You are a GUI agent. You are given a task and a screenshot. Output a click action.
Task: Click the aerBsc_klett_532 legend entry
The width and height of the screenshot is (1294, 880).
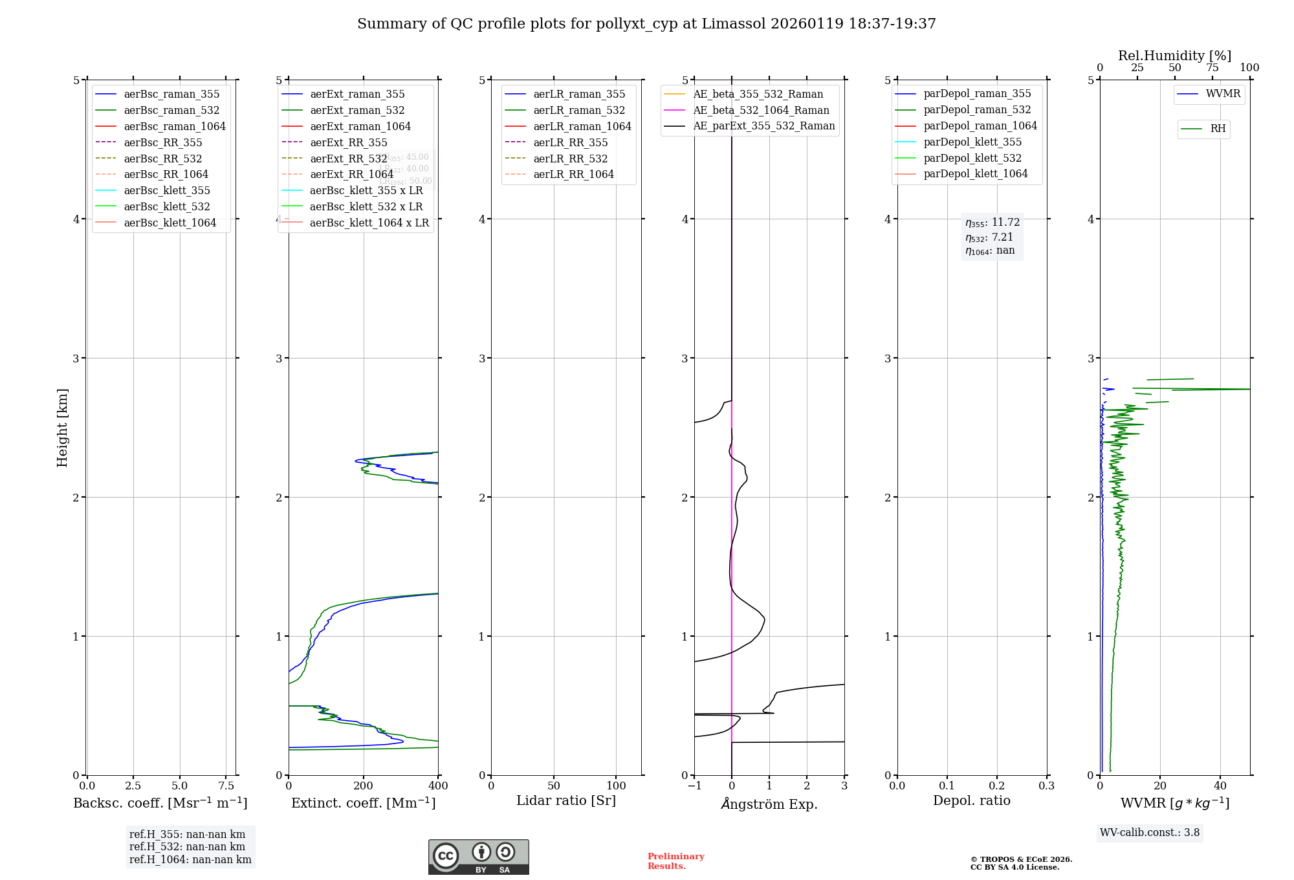click(x=166, y=206)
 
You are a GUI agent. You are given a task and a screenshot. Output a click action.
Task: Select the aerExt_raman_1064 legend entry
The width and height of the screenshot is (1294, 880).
click(x=360, y=126)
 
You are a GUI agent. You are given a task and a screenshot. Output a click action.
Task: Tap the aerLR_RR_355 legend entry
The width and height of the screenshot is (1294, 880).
click(x=570, y=142)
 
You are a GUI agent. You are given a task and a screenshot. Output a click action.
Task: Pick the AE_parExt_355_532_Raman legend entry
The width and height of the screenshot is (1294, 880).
click(x=763, y=126)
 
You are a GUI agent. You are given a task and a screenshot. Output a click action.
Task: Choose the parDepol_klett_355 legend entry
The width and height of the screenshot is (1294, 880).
click(x=972, y=142)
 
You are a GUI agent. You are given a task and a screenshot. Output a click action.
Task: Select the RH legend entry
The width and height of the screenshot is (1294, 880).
click(x=1217, y=129)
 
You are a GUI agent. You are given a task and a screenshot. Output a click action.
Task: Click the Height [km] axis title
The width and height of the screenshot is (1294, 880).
click(x=62, y=428)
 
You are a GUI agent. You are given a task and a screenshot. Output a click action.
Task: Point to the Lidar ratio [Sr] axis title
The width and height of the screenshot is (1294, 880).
click(x=566, y=800)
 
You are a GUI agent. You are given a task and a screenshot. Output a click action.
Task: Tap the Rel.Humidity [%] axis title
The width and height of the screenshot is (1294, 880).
click(x=1174, y=56)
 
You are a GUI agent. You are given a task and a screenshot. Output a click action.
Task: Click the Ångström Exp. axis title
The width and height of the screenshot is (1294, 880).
click(x=769, y=804)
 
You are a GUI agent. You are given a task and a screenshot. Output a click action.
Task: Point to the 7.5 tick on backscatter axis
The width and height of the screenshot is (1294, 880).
click(x=226, y=786)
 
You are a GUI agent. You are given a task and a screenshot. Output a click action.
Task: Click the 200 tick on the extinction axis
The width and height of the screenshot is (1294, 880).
click(x=364, y=786)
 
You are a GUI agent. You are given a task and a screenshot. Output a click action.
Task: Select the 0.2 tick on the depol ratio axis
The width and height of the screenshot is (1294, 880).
click(x=997, y=786)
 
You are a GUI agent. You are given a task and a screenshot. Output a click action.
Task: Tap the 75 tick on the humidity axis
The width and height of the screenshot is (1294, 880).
click(x=1212, y=68)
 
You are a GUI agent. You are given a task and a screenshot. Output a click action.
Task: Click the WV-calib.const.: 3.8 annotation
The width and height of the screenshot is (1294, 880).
click(x=1150, y=833)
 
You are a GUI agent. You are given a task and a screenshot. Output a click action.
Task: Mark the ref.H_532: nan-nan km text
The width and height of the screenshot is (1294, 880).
click(x=187, y=846)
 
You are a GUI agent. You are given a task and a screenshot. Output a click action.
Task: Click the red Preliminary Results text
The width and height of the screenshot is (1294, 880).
click(x=675, y=861)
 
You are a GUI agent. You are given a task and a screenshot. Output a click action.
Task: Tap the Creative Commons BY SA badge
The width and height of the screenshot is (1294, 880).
click(x=478, y=857)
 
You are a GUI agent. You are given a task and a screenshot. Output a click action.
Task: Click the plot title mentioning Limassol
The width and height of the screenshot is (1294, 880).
click(x=646, y=24)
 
